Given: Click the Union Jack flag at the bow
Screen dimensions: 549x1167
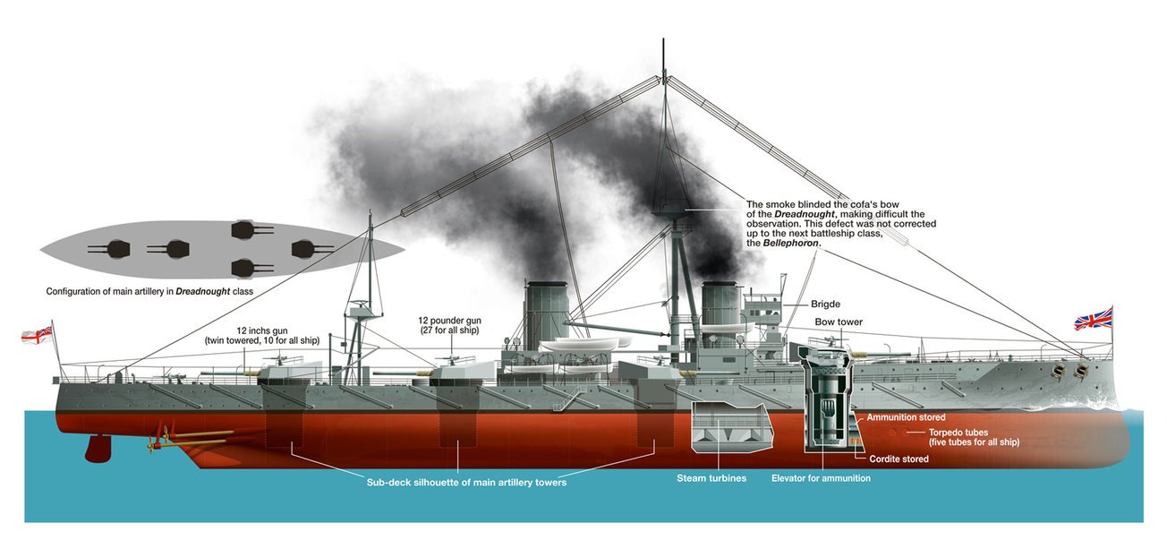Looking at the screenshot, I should (x=1094, y=318).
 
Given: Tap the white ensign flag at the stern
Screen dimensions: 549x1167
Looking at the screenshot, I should (x=37, y=334).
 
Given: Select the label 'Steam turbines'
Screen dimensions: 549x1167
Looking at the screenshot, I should (x=711, y=478).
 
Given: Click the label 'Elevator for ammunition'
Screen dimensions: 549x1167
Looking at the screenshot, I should (x=821, y=478).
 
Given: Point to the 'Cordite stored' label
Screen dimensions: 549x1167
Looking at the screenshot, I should (x=899, y=459).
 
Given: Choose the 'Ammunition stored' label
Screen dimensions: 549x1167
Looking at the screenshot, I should (x=906, y=417).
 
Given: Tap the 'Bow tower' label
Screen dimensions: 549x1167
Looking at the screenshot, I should (x=838, y=322).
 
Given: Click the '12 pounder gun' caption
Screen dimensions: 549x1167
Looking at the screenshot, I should (x=449, y=321).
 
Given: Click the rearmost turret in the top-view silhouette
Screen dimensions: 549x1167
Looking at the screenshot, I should (x=118, y=248).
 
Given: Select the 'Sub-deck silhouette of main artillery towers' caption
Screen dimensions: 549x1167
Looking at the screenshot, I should (x=466, y=482).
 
